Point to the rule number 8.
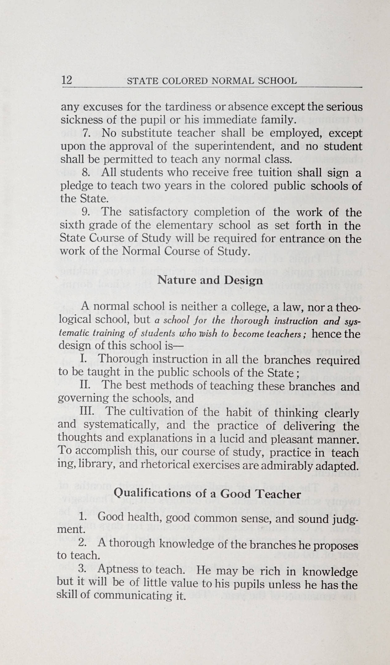pos(86,173)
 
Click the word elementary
pos(184,225)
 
